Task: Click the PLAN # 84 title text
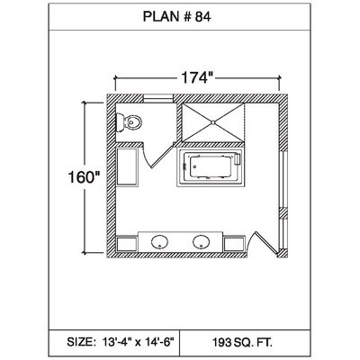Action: click(176, 17)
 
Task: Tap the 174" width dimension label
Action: click(194, 78)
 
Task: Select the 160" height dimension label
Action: click(84, 177)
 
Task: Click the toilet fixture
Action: click(129, 122)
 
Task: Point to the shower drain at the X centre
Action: click(212, 122)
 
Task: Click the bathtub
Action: click(211, 168)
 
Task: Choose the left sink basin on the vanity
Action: click(159, 242)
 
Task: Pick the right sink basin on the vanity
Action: click(201, 242)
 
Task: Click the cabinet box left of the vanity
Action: click(127, 244)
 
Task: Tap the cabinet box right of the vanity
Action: click(234, 244)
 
